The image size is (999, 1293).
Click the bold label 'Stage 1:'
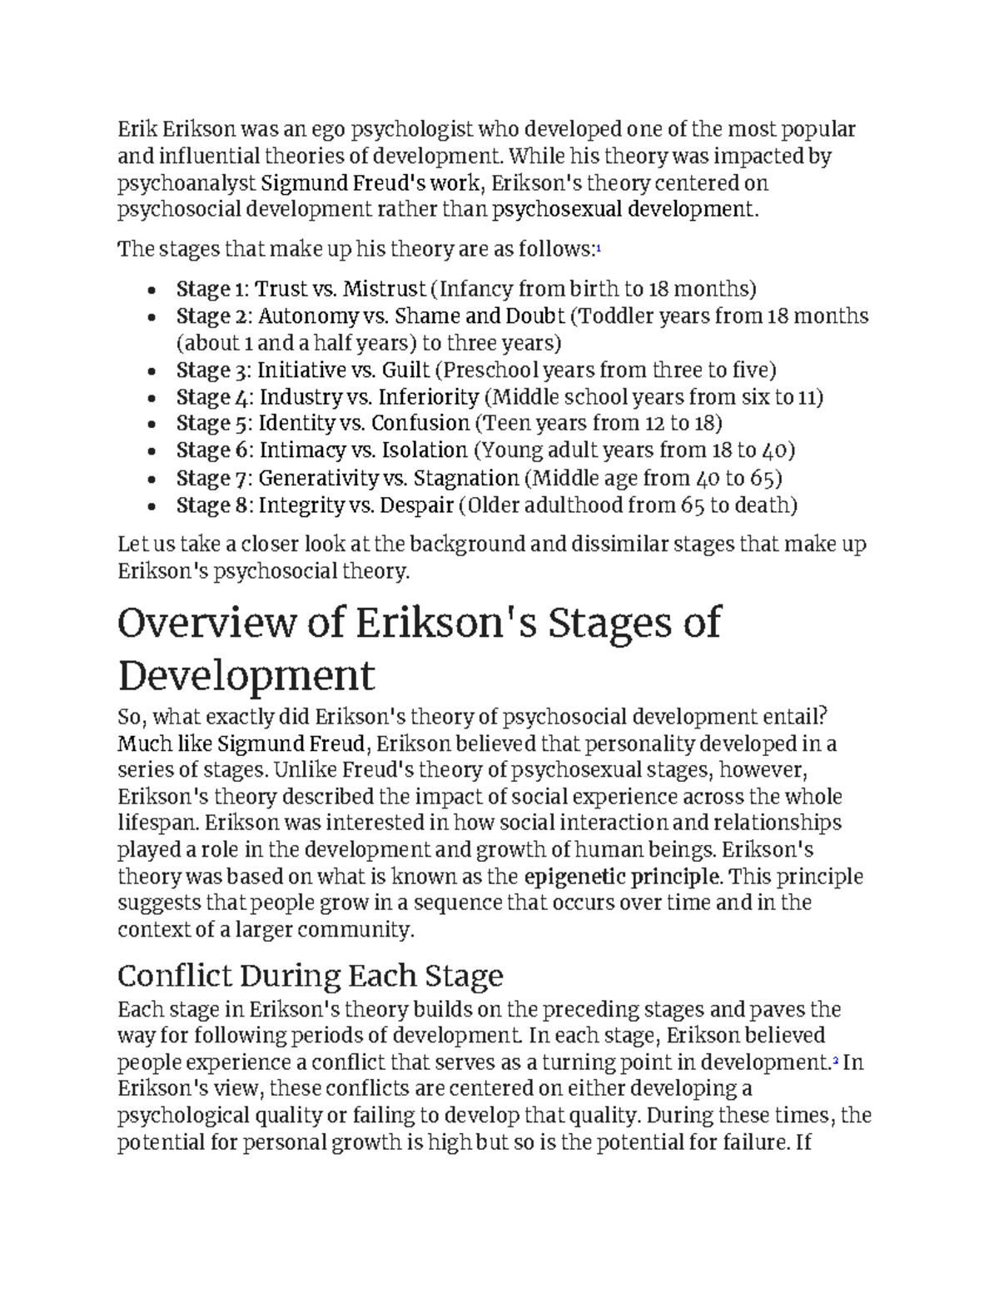tap(211, 289)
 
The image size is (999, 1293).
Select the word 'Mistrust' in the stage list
tap(384, 289)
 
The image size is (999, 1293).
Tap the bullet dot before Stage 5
tap(151, 425)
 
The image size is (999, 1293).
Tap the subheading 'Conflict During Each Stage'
tap(310, 975)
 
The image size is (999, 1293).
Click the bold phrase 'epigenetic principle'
tap(623, 876)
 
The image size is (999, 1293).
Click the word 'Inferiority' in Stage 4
tap(429, 397)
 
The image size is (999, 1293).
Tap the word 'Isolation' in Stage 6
tap(424, 450)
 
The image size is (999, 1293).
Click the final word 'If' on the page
tap(803, 1142)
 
